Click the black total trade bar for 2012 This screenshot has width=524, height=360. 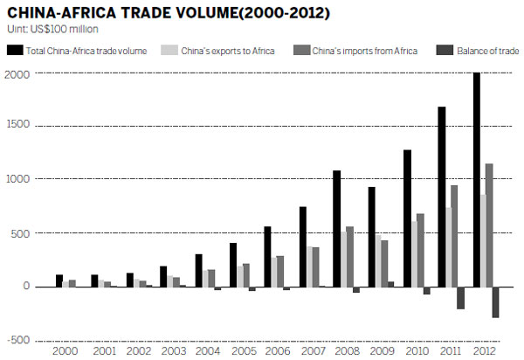[476, 179]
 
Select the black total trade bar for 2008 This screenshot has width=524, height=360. [336, 228]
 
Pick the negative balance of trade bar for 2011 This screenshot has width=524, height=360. [460, 297]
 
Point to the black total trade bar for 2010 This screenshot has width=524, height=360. [407, 218]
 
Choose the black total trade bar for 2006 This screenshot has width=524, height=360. [266, 256]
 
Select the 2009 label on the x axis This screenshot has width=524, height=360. [383, 351]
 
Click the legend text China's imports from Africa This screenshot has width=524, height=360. [367, 51]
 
